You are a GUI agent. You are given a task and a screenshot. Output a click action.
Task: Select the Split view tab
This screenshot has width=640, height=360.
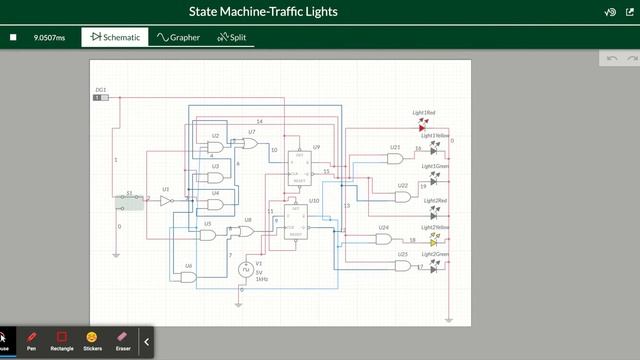(x=231, y=37)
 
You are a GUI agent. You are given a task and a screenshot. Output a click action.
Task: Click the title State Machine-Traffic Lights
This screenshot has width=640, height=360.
(x=263, y=12)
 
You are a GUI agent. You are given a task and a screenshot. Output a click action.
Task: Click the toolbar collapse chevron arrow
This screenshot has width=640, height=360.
(x=147, y=341)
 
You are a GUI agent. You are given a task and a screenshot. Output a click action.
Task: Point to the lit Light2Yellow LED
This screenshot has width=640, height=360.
(x=434, y=241)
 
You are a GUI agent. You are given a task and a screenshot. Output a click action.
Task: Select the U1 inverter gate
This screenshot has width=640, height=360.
(x=167, y=200)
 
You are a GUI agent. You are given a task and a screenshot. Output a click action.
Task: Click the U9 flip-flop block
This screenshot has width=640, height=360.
(x=299, y=166)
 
